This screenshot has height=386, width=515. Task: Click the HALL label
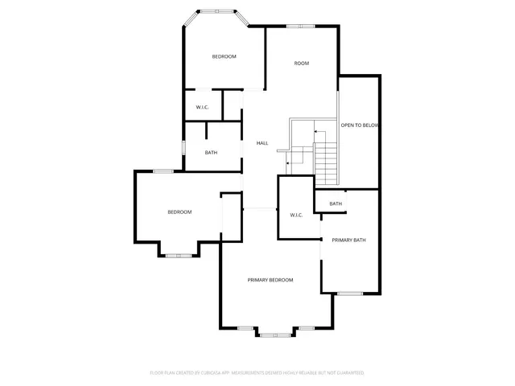coord(262,143)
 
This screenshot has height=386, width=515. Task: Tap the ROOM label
coord(302,64)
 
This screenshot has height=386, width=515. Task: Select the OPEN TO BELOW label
coord(359,125)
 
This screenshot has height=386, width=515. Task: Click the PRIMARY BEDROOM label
coord(270,280)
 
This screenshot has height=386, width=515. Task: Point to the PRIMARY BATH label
coord(349,240)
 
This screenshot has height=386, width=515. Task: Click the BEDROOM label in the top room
coord(224,56)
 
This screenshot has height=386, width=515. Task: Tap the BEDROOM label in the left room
coord(179,212)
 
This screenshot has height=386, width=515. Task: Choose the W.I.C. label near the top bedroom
coord(203,108)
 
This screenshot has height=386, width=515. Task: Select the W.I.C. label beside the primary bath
coord(295,215)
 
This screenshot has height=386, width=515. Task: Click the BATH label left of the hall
coord(211,153)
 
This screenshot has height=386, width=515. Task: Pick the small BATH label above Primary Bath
coord(336,204)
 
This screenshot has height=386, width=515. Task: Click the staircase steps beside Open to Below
coord(326,161)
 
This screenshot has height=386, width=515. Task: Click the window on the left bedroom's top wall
coord(163,170)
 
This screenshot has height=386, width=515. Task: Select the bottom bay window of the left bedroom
coord(176,256)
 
